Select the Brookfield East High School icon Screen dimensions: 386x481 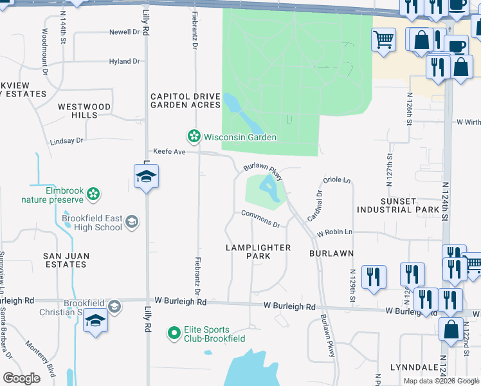[131, 222]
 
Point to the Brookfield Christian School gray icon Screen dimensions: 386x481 [114, 306]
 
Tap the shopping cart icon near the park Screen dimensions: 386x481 [384, 39]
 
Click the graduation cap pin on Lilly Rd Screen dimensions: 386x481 [146, 176]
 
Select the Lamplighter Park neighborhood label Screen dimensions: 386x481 [259, 252]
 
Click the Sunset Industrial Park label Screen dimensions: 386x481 [408, 205]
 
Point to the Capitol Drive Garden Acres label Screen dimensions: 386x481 [186, 100]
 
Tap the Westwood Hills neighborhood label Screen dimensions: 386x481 [84, 111]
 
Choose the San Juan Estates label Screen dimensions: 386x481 [66, 260]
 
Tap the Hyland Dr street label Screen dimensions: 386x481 [124, 61]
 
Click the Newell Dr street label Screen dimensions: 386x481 [124, 32]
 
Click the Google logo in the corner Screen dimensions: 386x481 [21, 378]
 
